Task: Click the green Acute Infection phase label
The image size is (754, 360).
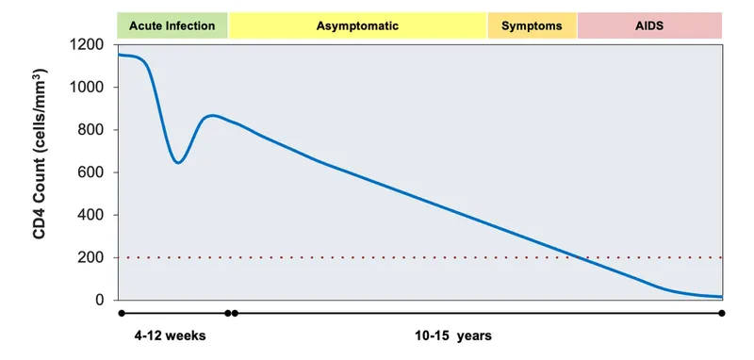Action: (172, 26)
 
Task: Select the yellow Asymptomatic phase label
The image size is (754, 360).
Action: (357, 26)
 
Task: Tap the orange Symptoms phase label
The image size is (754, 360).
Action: (532, 26)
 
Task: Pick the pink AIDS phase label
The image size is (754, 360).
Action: (649, 26)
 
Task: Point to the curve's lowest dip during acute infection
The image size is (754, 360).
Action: (177, 163)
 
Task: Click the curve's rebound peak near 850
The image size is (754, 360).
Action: (214, 116)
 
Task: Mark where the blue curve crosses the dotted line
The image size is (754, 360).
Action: (576, 257)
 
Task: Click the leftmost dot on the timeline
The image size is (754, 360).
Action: (121, 313)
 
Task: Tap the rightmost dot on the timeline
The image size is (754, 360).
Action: (721, 313)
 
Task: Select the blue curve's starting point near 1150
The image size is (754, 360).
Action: (119, 55)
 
